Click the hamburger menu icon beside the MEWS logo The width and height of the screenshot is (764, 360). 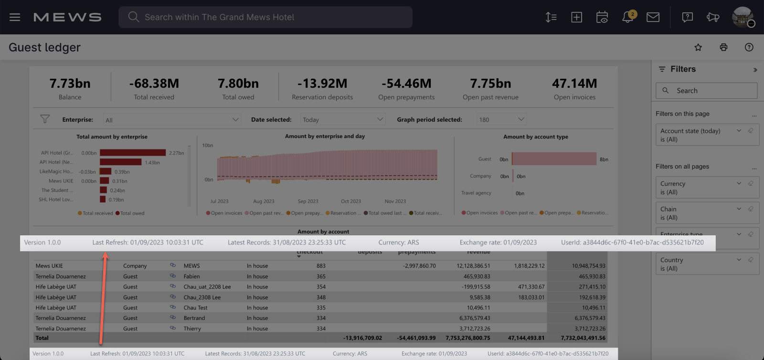[15, 17]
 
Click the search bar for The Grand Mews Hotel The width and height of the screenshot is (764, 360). [265, 17]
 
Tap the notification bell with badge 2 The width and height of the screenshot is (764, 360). [628, 17]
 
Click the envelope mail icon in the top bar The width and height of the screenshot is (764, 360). [653, 17]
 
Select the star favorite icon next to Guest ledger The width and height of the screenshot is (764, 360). [698, 47]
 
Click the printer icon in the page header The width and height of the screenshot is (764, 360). [723, 47]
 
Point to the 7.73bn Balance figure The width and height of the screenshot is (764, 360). [70, 84]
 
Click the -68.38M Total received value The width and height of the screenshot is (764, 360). [154, 84]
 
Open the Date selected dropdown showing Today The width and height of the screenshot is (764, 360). [342, 120]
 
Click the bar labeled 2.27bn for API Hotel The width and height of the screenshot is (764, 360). [133, 153]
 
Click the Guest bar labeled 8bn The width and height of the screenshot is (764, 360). [554, 159]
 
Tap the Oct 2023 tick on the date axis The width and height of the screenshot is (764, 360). [351, 201]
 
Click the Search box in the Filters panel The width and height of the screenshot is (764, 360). [707, 91]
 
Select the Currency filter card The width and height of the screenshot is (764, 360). [702, 188]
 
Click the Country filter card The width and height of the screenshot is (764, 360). [702, 264]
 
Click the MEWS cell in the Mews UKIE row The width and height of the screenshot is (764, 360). [192, 266]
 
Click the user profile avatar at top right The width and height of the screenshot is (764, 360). [742, 17]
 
